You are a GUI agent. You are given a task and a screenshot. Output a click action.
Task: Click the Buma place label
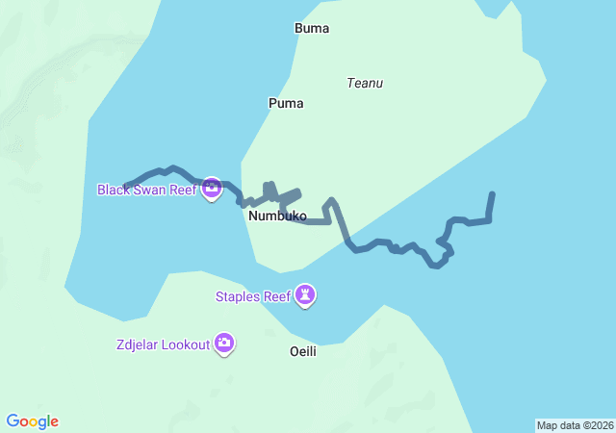tap(312, 28)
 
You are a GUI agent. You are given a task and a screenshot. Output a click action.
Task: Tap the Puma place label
tap(286, 103)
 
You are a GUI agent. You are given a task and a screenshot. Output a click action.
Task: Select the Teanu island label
tap(365, 83)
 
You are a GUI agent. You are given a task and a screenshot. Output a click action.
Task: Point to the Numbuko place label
tap(277, 216)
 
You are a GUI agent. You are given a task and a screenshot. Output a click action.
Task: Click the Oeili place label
tap(303, 351)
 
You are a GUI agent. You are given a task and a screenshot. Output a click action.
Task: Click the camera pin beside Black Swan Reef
tap(212, 188)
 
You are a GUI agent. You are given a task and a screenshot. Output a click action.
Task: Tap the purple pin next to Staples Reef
tap(305, 294)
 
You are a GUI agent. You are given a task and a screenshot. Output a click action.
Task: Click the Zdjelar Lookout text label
tap(163, 344)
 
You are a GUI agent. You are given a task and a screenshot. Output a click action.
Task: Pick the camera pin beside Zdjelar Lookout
tap(224, 343)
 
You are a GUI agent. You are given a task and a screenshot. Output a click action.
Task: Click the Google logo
tap(33, 421)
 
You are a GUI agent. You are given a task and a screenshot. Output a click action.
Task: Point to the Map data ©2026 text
tap(574, 425)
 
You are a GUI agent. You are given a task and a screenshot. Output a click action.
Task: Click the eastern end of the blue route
tap(493, 194)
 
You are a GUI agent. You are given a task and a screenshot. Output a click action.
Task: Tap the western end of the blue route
tap(126, 186)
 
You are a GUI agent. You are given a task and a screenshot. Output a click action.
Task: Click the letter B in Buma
tap(298, 28)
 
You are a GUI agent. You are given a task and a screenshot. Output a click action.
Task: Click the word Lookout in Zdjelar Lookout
tap(186, 344)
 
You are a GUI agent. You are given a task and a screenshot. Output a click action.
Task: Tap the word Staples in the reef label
tap(237, 296)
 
